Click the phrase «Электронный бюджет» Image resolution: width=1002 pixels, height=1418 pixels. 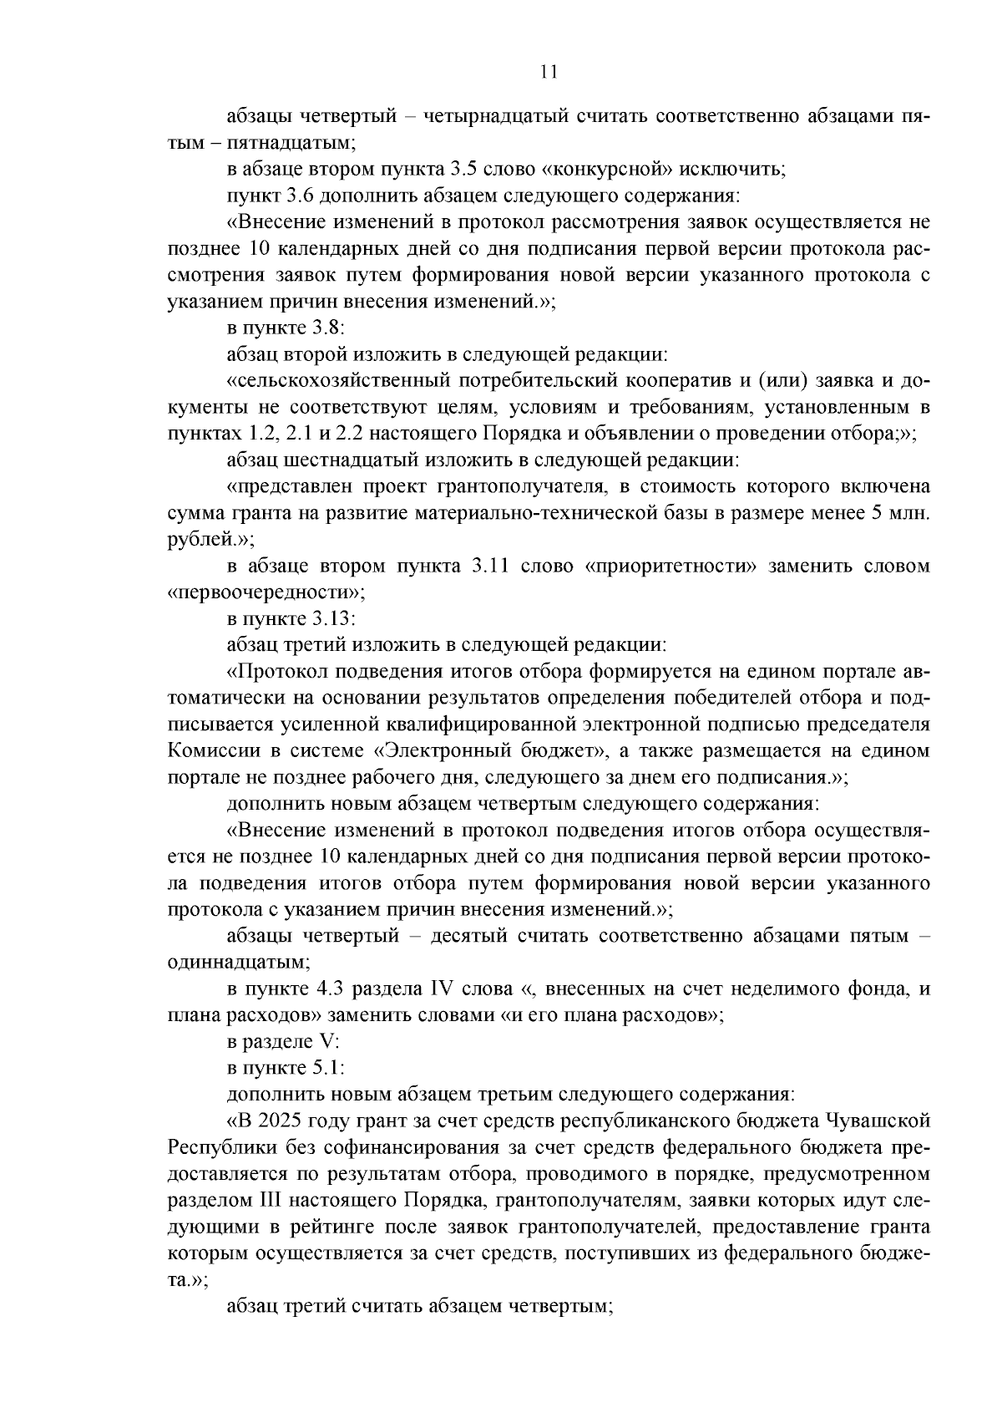(507, 750)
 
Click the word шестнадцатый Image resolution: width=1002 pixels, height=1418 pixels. (352, 460)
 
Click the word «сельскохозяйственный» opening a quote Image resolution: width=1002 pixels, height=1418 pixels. (339, 381)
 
